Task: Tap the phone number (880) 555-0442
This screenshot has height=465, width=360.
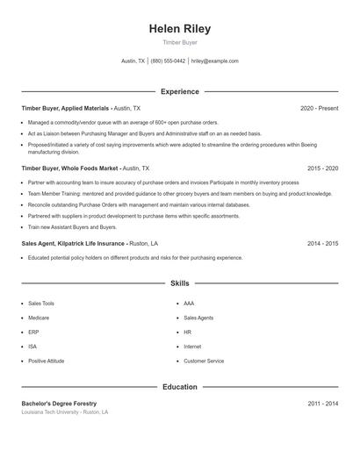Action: (168, 61)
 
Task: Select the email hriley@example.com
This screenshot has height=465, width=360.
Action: (215, 61)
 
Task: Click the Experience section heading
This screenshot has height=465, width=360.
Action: (180, 91)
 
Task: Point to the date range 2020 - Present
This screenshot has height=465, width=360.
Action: (320, 108)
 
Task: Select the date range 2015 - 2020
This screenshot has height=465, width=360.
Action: (323, 168)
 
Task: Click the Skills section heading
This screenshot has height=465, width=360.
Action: (180, 284)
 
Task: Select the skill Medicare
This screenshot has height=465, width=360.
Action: (39, 318)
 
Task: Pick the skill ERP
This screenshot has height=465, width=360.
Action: (33, 332)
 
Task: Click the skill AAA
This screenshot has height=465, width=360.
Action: (189, 303)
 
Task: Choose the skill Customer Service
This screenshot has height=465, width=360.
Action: (204, 361)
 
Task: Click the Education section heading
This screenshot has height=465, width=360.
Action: (180, 386)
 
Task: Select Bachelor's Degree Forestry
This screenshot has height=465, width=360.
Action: (59, 403)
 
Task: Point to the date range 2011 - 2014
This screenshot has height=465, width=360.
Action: (323, 403)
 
